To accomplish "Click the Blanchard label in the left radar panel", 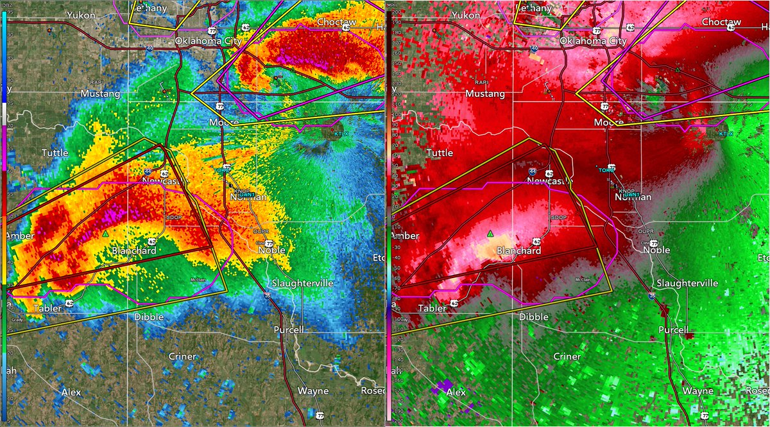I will point(134,250).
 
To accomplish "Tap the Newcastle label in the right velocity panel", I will point(549,182).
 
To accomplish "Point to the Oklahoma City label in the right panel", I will point(593,40).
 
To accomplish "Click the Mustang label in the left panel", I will point(100,93).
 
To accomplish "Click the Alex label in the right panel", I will point(456,392).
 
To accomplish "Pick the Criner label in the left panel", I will point(182,356).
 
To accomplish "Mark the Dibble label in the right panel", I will point(534,317).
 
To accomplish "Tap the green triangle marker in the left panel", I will point(105,235).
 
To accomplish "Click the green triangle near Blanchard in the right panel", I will point(490,234).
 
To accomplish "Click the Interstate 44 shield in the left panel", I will point(148,172).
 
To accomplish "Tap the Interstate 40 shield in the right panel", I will point(535,48).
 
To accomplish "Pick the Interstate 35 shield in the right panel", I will point(652,296).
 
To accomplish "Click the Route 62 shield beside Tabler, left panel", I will point(69,302).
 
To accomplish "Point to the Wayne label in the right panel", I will point(698,390).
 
